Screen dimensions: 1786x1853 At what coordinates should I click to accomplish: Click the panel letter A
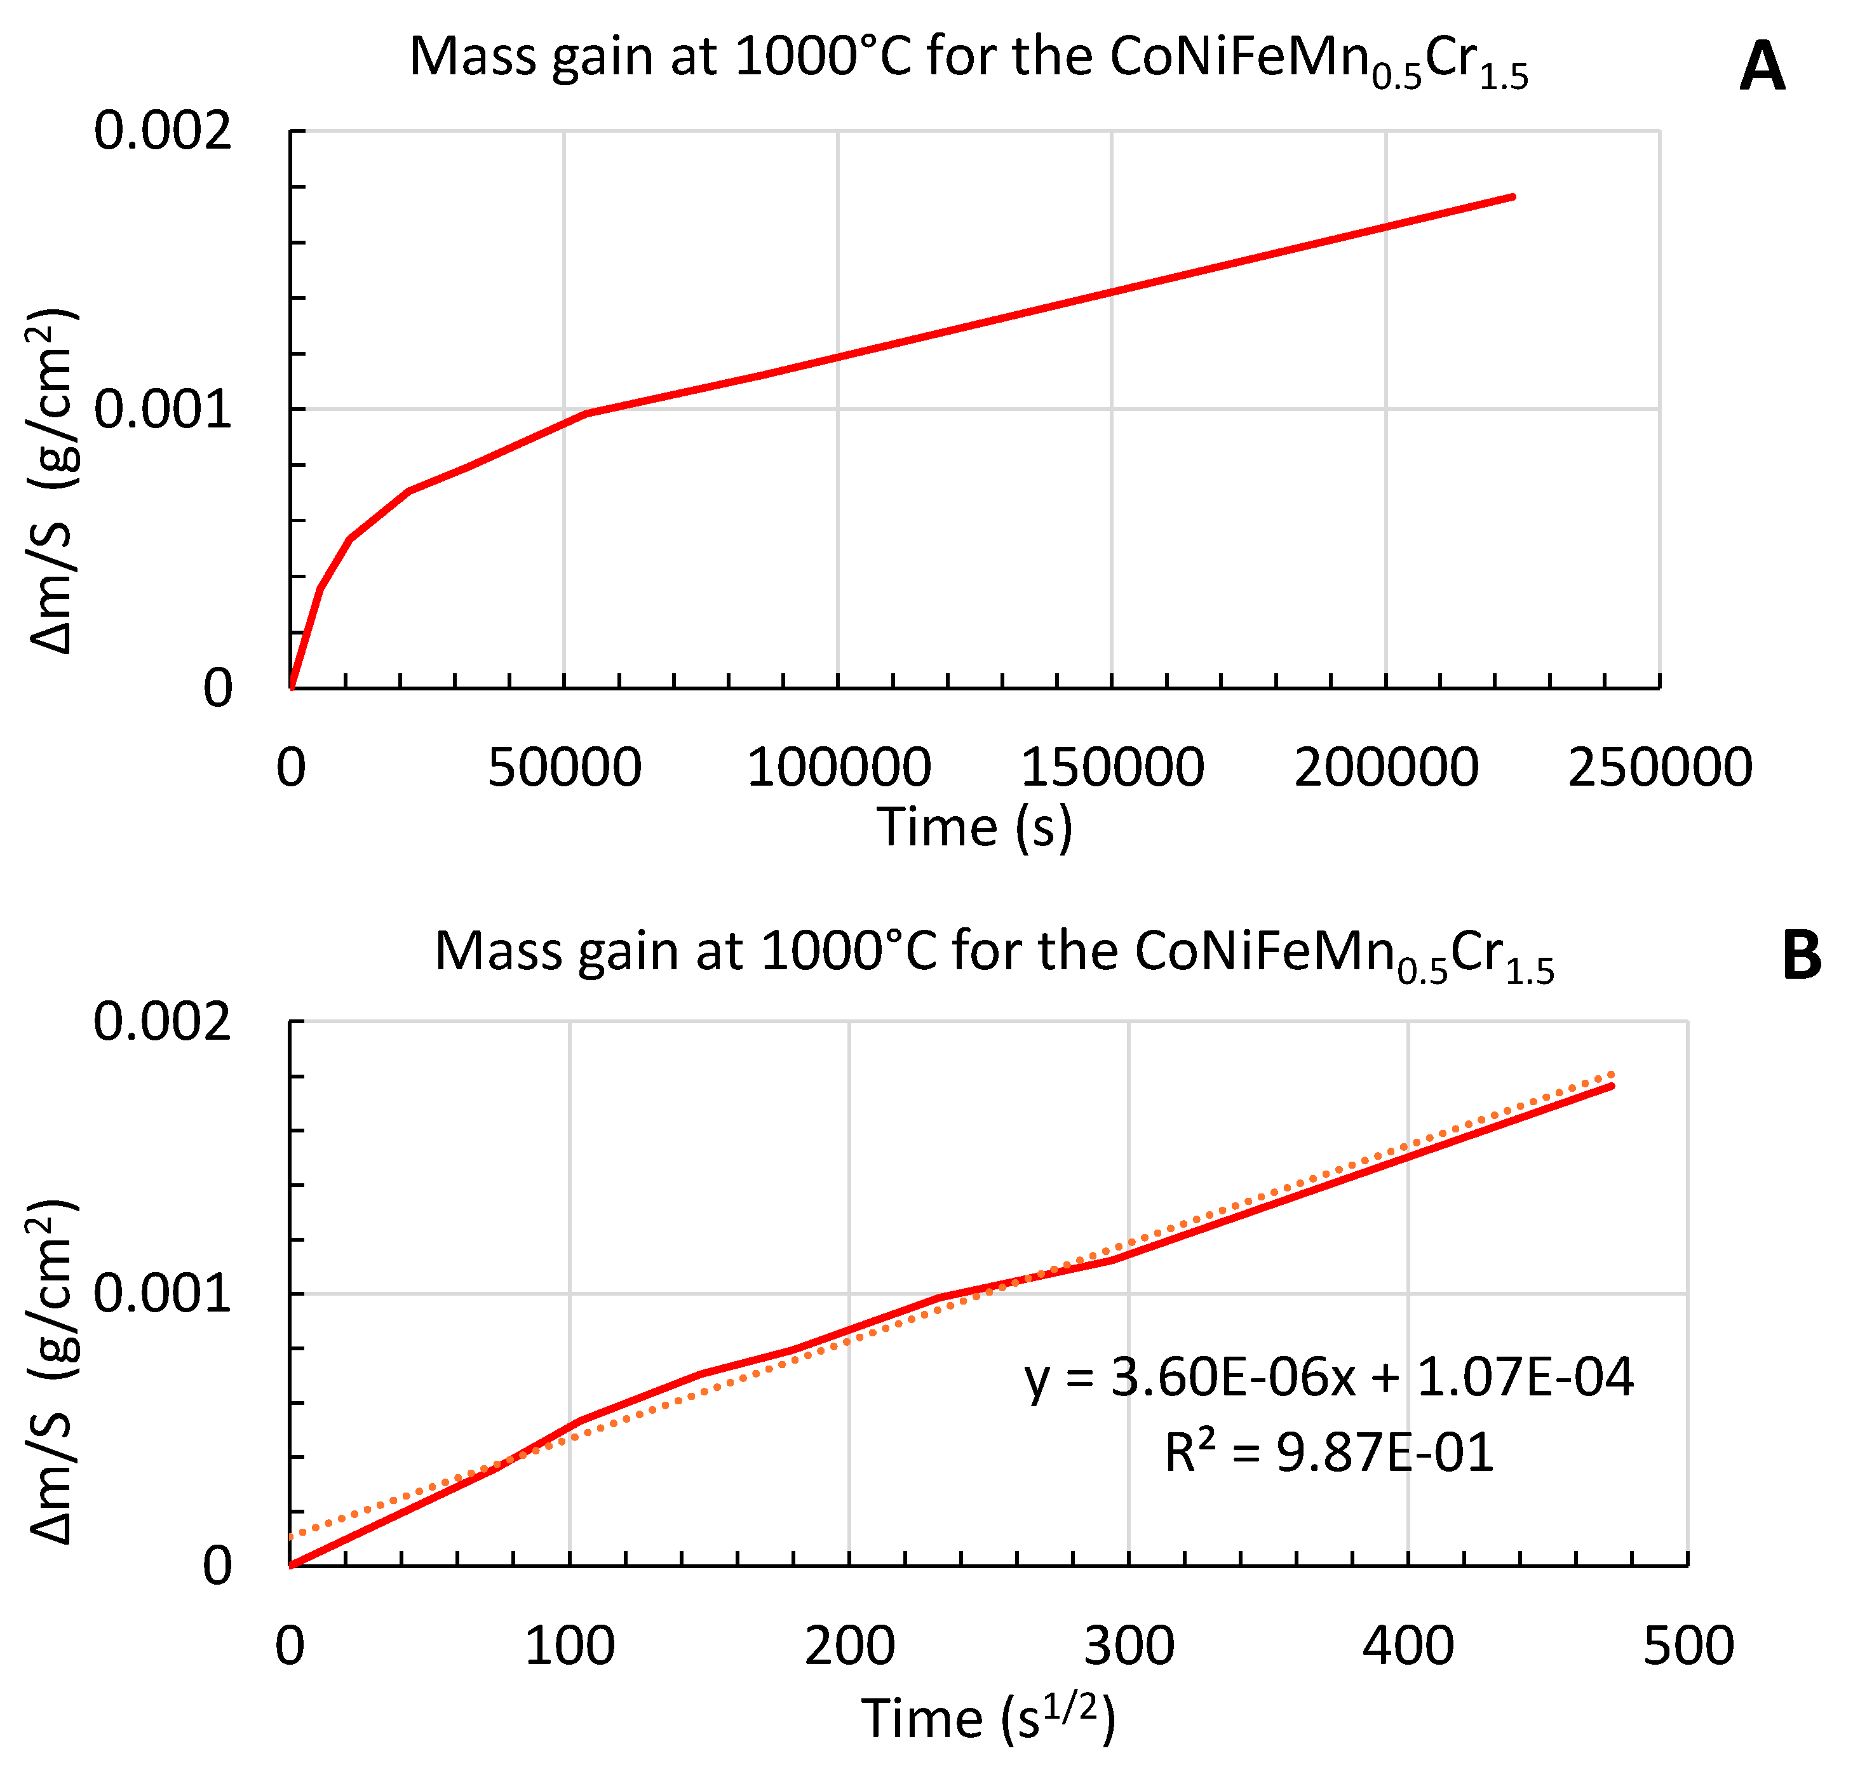point(1762,67)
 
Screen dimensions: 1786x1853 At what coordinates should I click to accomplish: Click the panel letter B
point(1801,956)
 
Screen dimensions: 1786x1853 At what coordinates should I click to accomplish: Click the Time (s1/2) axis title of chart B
point(988,1718)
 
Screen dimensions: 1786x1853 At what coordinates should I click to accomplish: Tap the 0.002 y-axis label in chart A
point(163,130)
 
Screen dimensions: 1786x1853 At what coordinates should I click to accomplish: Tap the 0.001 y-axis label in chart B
point(163,1292)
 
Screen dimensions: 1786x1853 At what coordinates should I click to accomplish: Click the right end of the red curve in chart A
point(1513,197)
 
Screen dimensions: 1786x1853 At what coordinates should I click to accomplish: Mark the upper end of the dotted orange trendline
point(1613,1073)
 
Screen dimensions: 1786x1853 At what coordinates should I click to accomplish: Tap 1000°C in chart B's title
point(848,951)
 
